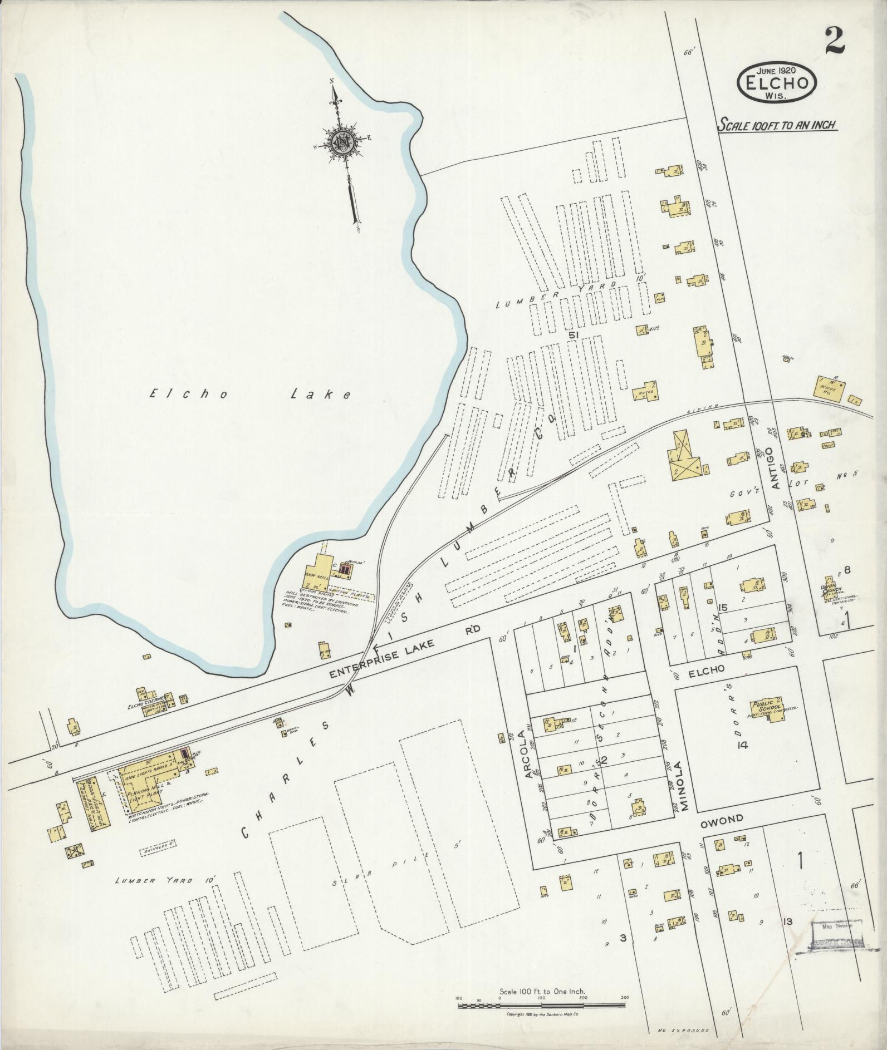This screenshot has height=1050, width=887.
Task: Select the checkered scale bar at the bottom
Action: point(542,1003)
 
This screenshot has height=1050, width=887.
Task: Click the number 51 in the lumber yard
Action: point(575,335)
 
